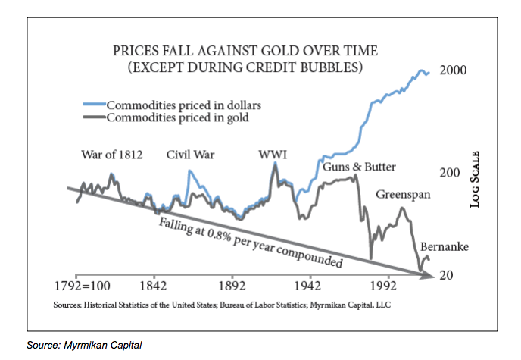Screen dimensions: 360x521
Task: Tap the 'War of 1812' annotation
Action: pyautogui.click(x=111, y=155)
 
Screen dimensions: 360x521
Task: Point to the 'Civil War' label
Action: pyautogui.click(x=190, y=155)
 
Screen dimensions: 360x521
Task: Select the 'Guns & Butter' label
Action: pyautogui.click(x=360, y=167)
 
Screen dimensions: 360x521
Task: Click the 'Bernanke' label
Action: pyautogui.click(x=445, y=248)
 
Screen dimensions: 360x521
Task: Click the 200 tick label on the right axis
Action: pyautogui.click(x=450, y=173)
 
